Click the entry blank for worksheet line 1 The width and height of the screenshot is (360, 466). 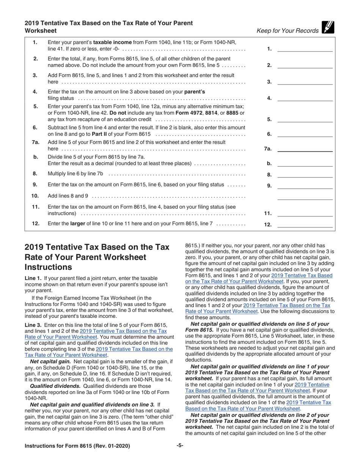pyautogui.click(x=305, y=49)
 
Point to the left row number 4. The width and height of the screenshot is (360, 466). pyautogui.click(x=35, y=92)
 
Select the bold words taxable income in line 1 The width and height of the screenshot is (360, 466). pyautogui.click(x=113, y=42)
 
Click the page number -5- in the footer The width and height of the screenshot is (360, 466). pyautogui.click(x=180, y=446)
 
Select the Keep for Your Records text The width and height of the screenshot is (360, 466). pyautogui.click(x=288, y=31)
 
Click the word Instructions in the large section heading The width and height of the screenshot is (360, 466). pyautogui.click(x=48, y=267)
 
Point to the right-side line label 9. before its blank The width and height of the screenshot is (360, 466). pyautogui.click(x=269, y=186)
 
